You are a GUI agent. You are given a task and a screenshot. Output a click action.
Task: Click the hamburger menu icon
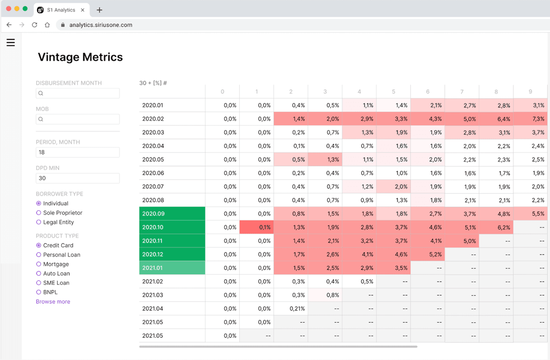11,43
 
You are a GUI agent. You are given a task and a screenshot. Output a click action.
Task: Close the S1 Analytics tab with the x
83,10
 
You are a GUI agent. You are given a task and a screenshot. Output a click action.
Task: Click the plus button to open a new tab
100,10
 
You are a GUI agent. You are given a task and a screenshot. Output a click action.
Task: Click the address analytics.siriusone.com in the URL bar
101,25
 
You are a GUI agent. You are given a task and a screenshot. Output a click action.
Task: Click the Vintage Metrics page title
80,57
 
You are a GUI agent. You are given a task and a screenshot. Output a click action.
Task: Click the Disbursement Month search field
77,93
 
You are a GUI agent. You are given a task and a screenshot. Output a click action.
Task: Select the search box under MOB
77,119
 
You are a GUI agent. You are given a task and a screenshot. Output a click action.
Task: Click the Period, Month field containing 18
77,153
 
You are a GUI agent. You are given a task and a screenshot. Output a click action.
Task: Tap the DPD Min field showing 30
77,179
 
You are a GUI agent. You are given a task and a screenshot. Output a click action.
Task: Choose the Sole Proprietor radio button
39,213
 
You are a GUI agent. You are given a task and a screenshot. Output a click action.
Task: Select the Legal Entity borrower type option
39,222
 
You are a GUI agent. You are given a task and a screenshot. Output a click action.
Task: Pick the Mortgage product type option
39,264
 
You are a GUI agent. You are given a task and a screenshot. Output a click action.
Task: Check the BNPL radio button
39,292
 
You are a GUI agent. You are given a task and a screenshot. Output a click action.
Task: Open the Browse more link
53,302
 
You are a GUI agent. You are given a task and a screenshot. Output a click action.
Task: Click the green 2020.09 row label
172,214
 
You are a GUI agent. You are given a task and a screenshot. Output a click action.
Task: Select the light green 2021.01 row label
172,268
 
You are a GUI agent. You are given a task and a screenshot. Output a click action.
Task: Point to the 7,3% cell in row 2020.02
530,119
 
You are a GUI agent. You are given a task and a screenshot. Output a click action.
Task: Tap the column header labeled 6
427,91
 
